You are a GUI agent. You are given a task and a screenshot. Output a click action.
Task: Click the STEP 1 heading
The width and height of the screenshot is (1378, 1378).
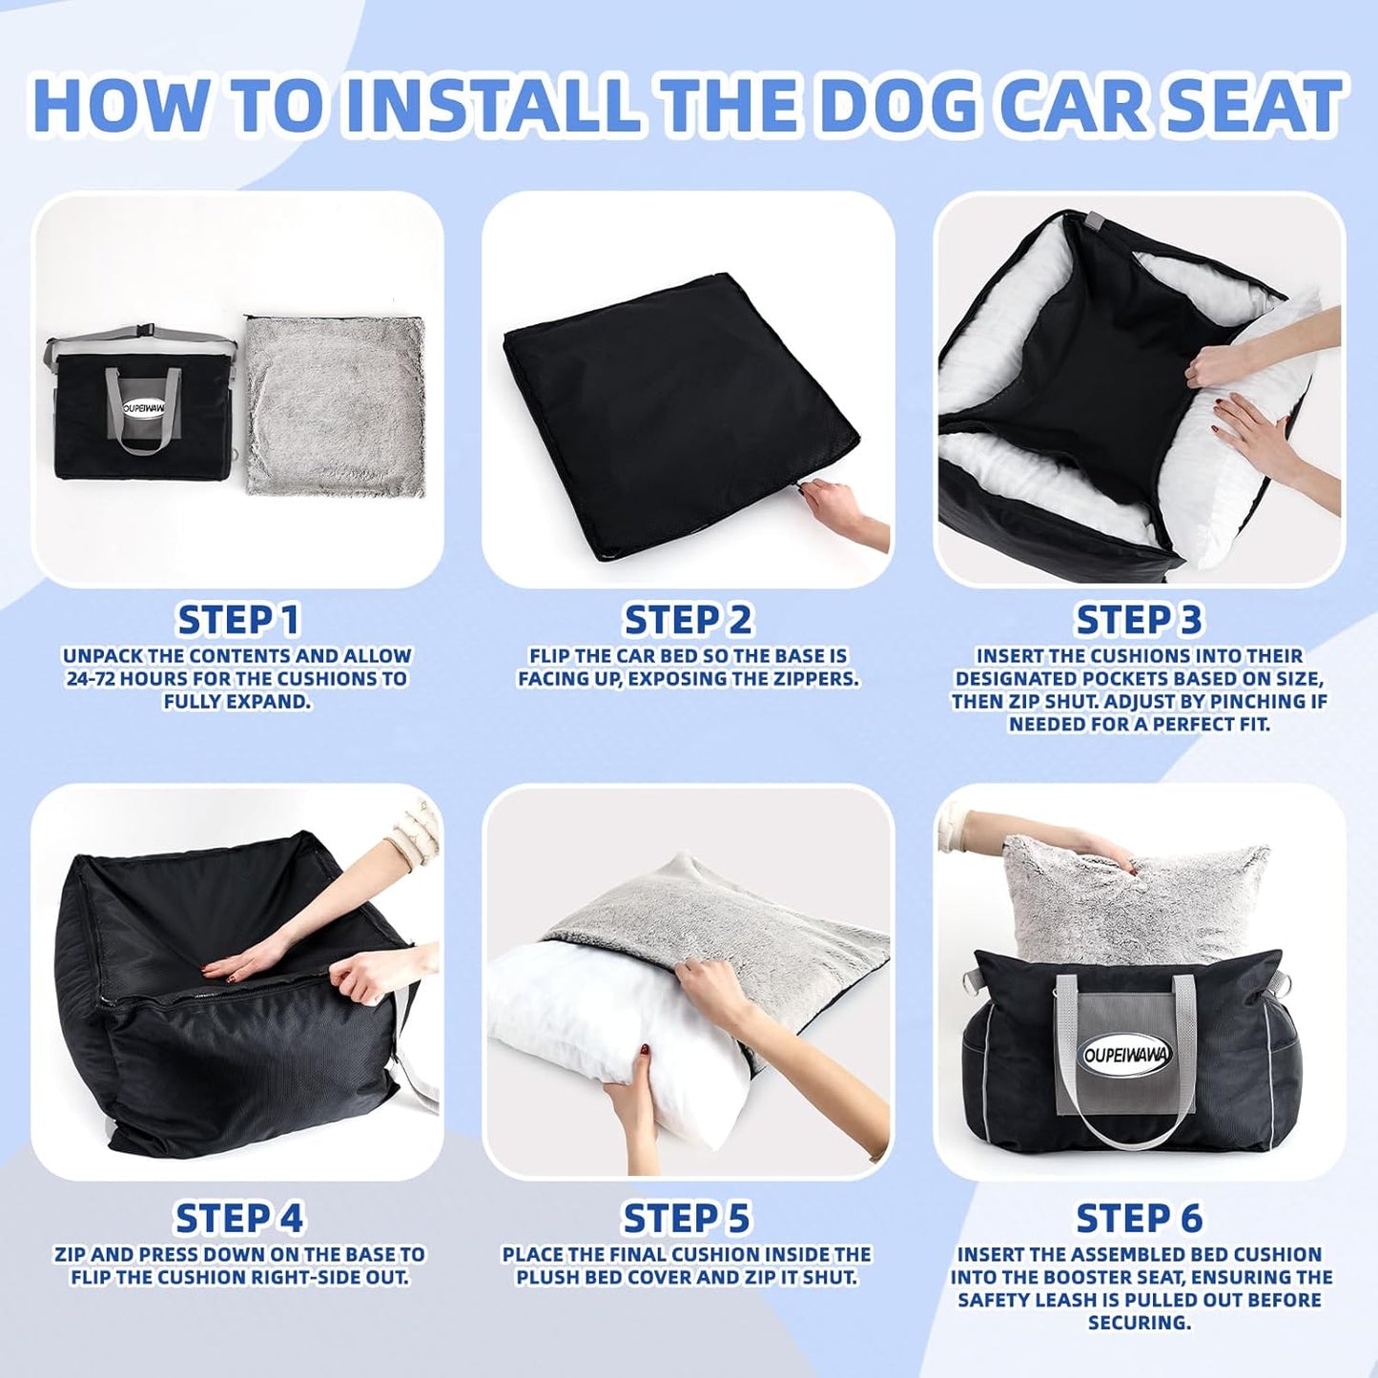coord(238,620)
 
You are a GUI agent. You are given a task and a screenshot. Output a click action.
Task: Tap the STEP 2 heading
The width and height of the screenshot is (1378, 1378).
coord(688,620)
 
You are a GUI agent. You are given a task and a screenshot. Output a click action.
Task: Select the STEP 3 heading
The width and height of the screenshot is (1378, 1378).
coord(1139,620)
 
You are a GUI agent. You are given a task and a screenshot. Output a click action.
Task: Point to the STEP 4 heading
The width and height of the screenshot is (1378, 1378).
coord(238,1218)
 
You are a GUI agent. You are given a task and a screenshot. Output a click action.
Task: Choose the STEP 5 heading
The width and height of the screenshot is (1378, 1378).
coord(687,1218)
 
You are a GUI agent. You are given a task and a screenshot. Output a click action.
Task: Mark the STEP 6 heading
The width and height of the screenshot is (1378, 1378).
coord(1139,1218)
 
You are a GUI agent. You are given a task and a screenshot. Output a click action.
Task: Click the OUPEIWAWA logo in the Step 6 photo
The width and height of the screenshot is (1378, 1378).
coord(1127,1054)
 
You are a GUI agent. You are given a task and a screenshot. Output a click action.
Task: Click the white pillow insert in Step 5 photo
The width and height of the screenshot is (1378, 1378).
coord(563,1030)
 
